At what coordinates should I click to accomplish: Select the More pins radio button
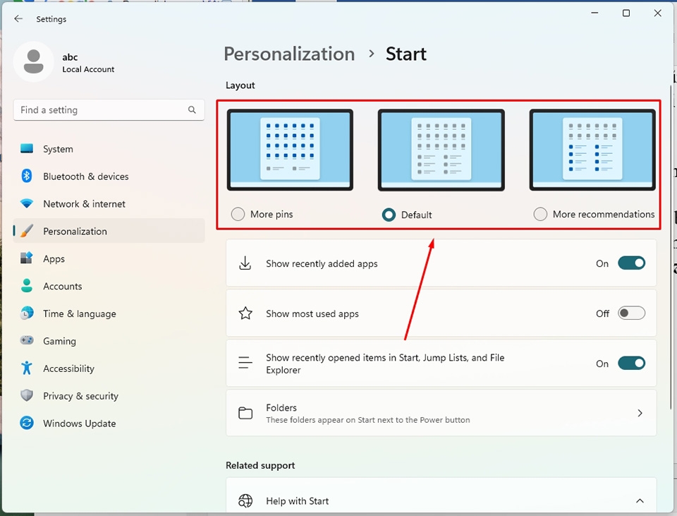(238, 214)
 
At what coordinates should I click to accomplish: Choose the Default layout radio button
(389, 215)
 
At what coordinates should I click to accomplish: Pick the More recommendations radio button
(540, 214)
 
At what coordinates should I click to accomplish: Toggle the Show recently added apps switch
(631, 263)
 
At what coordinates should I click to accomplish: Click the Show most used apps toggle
(631, 313)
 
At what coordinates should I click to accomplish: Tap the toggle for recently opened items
(631, 364)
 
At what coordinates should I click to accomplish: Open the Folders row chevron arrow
(640, 413)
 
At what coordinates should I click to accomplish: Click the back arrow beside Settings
(18, 19)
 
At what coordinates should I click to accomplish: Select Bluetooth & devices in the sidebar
(85, 176)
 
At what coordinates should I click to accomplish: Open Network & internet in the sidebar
(84, 204)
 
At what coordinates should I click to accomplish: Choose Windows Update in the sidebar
(79, 424)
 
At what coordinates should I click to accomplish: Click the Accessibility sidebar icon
(27, 368)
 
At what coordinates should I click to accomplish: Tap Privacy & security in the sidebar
(80, 396)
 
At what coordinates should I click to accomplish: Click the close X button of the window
(657, 13)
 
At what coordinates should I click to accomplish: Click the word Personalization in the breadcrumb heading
(289, 54)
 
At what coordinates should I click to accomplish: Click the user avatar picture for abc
(33, 62)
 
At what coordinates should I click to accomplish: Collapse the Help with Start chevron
(640, 501)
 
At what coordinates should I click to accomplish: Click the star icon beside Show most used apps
(245, 313)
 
